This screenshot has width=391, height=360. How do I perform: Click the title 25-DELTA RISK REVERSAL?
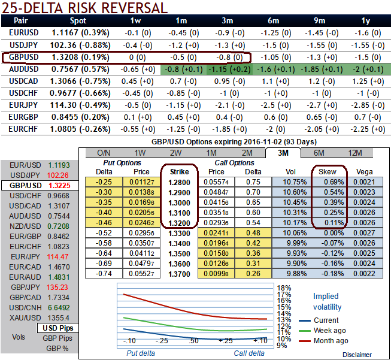pos(84,8)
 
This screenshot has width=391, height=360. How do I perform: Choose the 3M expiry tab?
pos(283,153)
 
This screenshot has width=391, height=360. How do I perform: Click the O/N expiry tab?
pos(104,153)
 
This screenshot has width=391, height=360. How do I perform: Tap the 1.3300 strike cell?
pos(180,232)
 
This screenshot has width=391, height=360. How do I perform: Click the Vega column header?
pos(365,172)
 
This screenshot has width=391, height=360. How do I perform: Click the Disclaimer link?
pos(358,355)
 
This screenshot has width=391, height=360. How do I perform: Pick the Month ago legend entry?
pos(331,340)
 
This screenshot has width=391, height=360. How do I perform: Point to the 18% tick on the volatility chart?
pos(284,288)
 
